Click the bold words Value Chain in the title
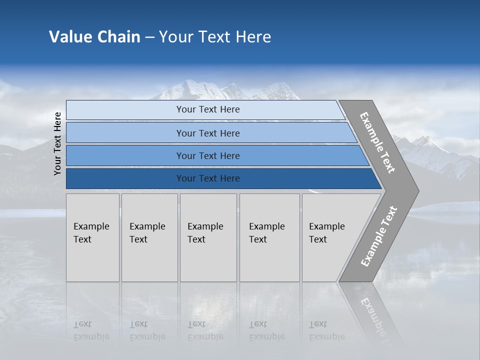pyautogui.click(x=94, y=37)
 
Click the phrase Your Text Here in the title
pyautogui.click(x=215, y=37)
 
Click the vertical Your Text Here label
pyautogui.click(x=57, y=143)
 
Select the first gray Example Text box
pyautogui.click(x=92, y=237)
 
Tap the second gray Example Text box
pyautogui.click(x=149, y=237)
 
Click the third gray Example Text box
pyautogui.click(x=208, y=237)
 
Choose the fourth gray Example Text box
pyautogui.click(x=269, y=237)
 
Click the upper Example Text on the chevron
pyautogui.click(x=377, y=142)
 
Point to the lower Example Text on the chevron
pyautogui.click(x=378, y=236)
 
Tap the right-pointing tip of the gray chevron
pyautogui.click(x=416, y=191)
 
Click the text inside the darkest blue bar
pyautogui.click(x=208, y=178)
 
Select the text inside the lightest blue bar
pyautogui.click(x=208, y=109)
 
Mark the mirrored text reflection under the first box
pyautogui.click(x=91, y=330)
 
